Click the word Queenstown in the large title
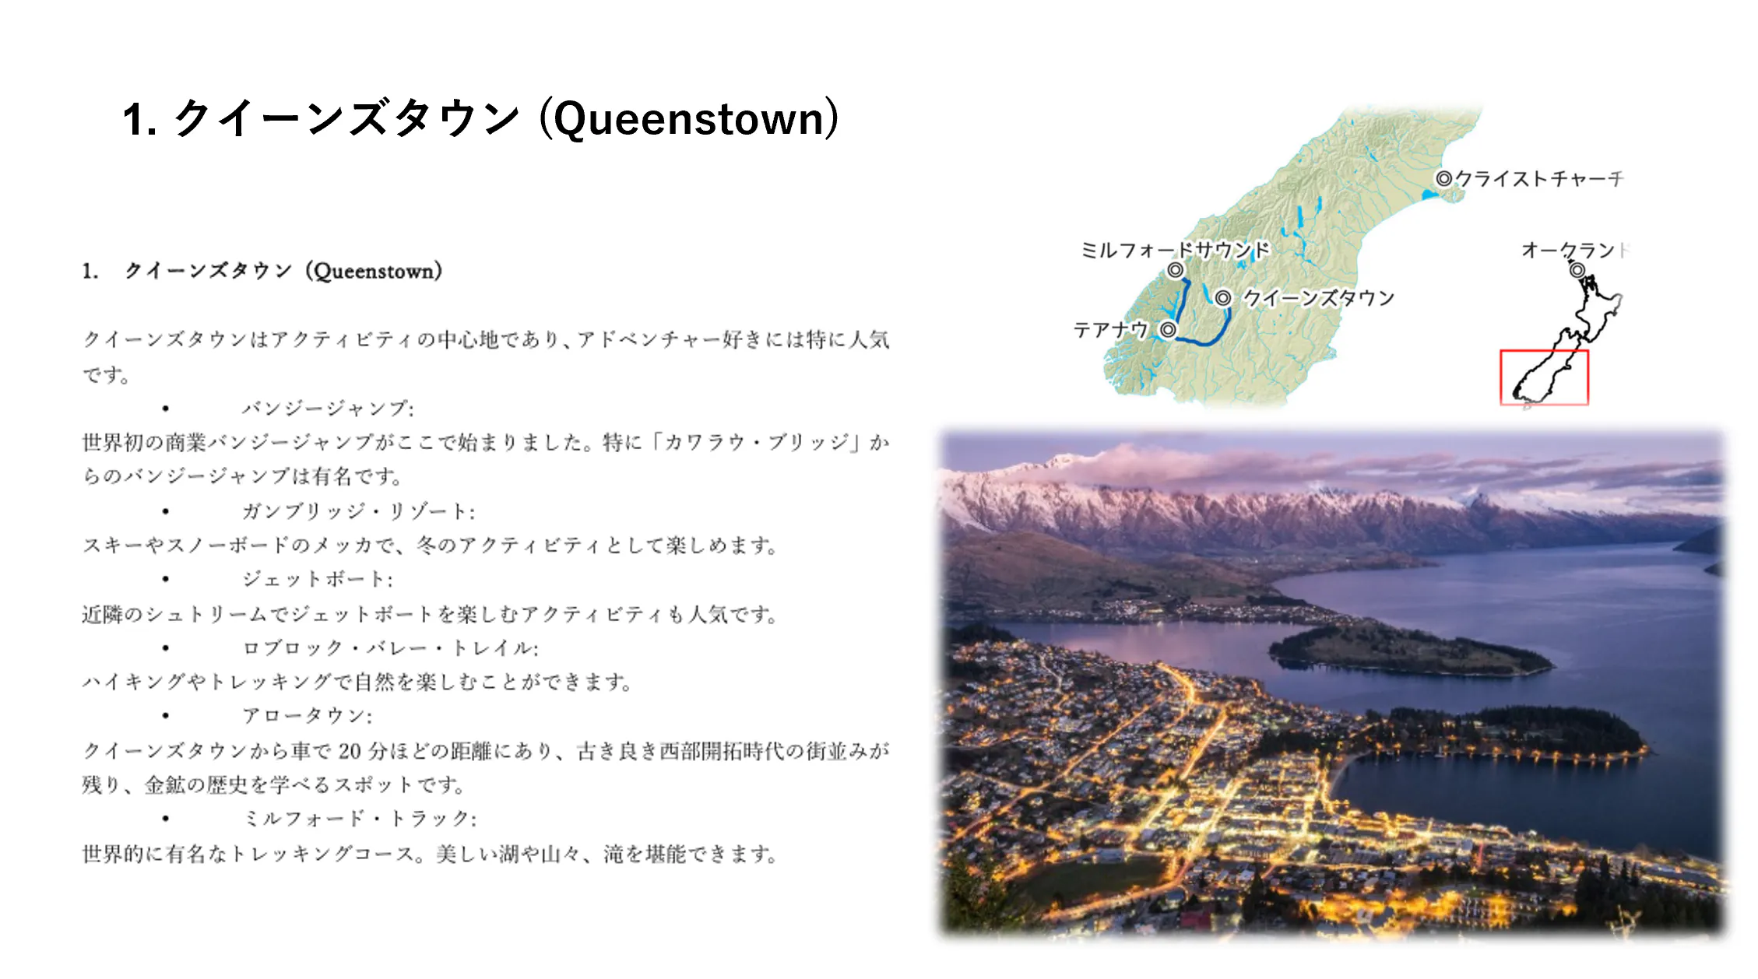[689, 119]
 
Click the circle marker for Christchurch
[1443, 178]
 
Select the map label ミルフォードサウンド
[1175, 250]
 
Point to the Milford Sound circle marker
[1175, 270]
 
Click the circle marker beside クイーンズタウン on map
[1223, 298]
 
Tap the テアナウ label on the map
[1111, 330]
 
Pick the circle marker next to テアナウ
[1168, 330]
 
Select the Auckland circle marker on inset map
[1577, 270]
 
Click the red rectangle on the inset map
[1501, 377]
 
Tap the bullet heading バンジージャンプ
[328, 409]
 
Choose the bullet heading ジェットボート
[318, 579]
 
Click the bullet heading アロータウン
[307, 715]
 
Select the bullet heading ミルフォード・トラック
[360, 818]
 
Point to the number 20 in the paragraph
[350, 751]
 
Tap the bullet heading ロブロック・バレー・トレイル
[390, 647]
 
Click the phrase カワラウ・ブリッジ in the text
[756, 443]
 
